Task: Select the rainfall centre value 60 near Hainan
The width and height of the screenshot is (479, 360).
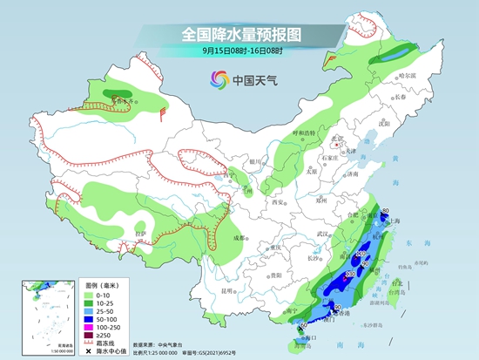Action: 302,325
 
